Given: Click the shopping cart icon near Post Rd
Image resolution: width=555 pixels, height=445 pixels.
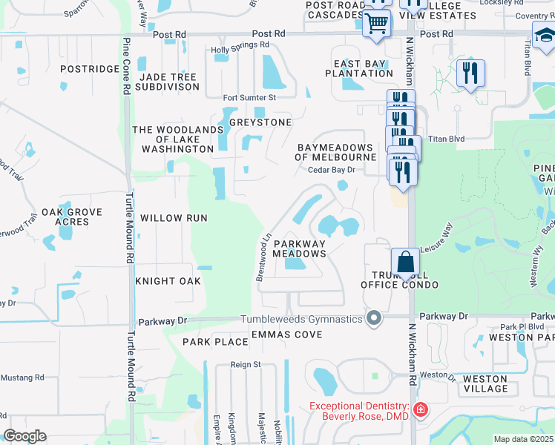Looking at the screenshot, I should pos(377,24).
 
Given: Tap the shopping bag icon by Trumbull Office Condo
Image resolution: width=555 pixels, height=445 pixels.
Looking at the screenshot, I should pos(405,263).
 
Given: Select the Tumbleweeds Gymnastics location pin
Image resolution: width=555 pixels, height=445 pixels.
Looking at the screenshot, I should pos(375,319).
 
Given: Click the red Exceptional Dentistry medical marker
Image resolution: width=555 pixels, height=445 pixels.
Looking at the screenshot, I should pos(421,409).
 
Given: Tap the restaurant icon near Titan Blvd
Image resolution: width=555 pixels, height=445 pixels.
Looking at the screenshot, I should pos(470,74).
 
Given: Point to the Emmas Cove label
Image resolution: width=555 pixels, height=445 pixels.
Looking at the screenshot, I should pos(286,334).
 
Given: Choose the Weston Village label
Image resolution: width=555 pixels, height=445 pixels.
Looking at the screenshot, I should pos(485,383).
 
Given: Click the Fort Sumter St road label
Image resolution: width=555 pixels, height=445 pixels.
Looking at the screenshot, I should pos(250,97).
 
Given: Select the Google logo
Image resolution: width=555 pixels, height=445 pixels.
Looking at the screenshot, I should pos(24,436).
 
